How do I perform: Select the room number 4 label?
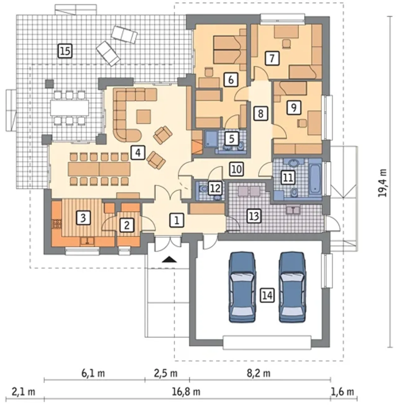pyautogui.click(x=138, y=153)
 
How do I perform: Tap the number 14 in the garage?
pyautogui.click(x=268, y=296)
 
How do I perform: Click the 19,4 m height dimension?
pyautogui.click(x=382, y=183)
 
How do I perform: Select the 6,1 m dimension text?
pyautogui.click(x=93, y=373)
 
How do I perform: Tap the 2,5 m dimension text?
pyautogui.click(x=166, y=373)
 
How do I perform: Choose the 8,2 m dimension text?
pyautogui.click(x=259, y=373)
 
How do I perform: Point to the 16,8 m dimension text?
pyautogui.click(x=186, y=392)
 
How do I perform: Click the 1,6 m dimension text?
pyautogui.click(x=342, y=392)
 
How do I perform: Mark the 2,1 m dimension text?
pyautogui.click(x=23, y=392)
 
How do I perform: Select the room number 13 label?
pyautogui.click(x=254, y=216)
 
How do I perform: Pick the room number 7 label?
pyautogui.click(x=272, y=58)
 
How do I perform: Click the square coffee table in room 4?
pyautogui.click(x=143, y=116)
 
